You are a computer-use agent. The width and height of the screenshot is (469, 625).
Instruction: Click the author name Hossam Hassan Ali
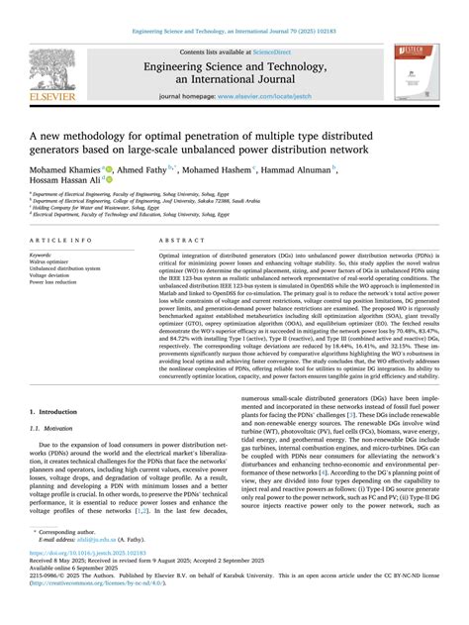click(63, 183)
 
